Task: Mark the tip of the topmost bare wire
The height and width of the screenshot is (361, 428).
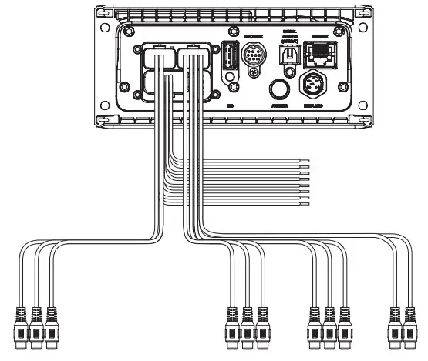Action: [308, 161]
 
